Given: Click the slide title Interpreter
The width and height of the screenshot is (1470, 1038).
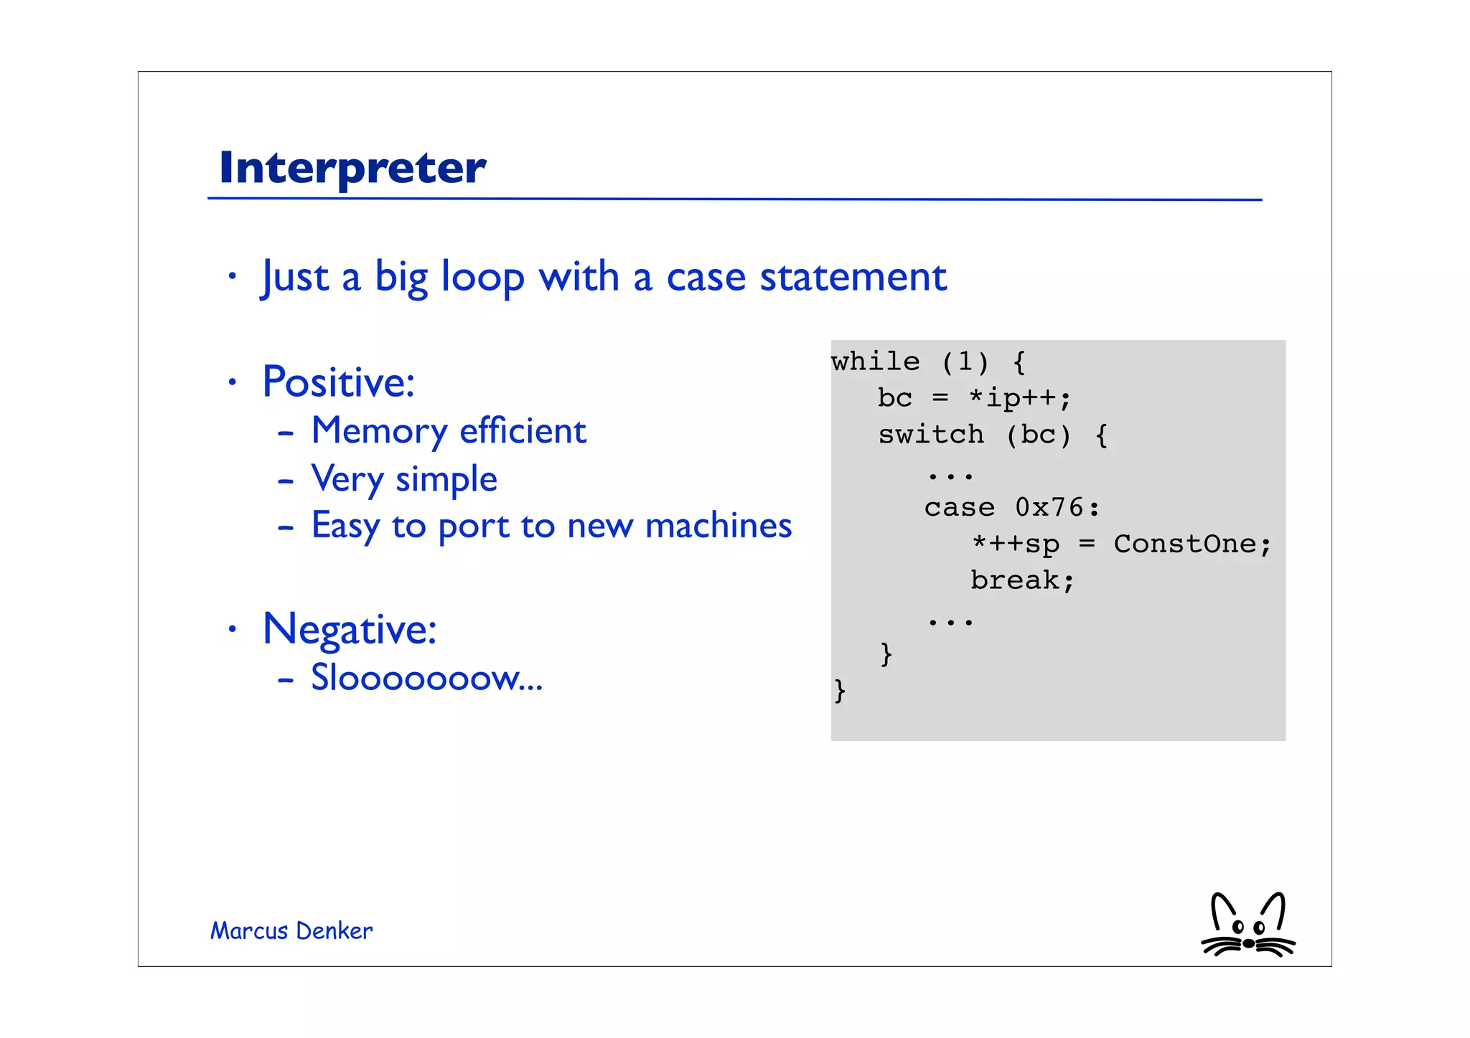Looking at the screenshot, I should coord(352,167).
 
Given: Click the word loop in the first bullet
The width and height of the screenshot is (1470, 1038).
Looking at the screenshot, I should coord(482,278).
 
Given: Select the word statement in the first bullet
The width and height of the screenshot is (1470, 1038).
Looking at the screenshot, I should coord(853,278).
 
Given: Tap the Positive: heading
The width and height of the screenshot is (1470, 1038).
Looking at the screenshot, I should coord(338,382).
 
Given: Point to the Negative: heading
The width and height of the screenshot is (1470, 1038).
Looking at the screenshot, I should coord(350,629).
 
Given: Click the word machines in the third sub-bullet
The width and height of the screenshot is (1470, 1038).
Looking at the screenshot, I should coord(718,526).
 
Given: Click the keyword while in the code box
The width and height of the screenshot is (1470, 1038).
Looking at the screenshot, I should coord(875,362).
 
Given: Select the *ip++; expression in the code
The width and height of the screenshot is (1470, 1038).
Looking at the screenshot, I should coord(1019,398).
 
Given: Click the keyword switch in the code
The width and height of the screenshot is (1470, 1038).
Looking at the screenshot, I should coord(931,435).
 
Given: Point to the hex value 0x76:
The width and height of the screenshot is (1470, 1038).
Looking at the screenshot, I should coord(1057,508).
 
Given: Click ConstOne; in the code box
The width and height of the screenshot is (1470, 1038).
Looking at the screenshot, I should coord(1192,544).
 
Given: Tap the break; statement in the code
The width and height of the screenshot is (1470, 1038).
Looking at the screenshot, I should coord(1022,580).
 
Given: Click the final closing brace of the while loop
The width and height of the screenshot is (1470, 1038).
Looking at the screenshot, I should coord(840,691).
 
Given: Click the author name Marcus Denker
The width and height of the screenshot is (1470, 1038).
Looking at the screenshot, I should coord(291,931).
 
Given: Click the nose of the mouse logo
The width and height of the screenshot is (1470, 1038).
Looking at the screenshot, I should coord(1249,943).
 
